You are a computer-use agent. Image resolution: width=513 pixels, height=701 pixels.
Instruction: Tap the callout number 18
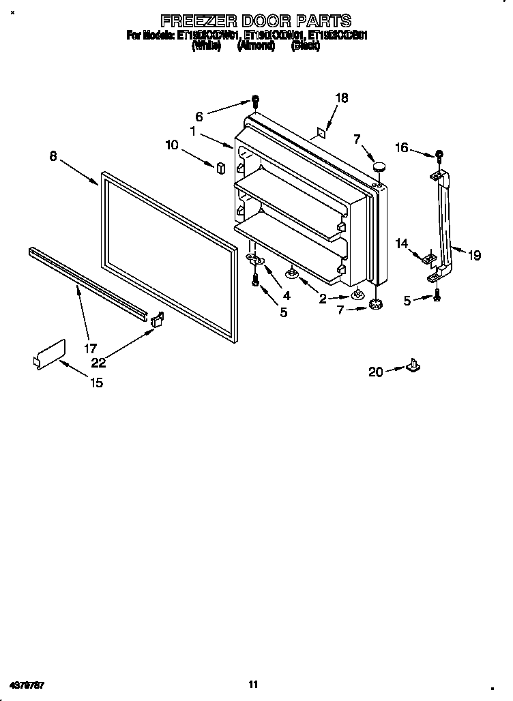point(341,98)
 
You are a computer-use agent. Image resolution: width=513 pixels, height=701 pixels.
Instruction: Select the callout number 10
point(171,145)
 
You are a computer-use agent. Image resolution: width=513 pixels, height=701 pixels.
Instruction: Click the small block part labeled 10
point(220,168)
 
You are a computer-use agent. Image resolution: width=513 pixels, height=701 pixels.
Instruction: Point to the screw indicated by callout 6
point(254,102)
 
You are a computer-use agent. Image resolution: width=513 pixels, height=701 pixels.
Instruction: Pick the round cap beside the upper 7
point(380,166)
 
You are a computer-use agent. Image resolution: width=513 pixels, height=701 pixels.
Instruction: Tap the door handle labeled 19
point(445,225)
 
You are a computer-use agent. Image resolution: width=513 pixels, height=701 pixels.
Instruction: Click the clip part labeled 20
point(413,366)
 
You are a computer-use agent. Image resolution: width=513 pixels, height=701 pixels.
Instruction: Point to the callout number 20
point(375,372)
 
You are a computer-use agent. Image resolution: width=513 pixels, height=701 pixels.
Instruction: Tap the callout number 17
point(90,348)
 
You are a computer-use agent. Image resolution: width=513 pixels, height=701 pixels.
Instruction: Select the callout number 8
point(53,156)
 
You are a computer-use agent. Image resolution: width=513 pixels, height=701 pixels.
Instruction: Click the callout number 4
point(286,295)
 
